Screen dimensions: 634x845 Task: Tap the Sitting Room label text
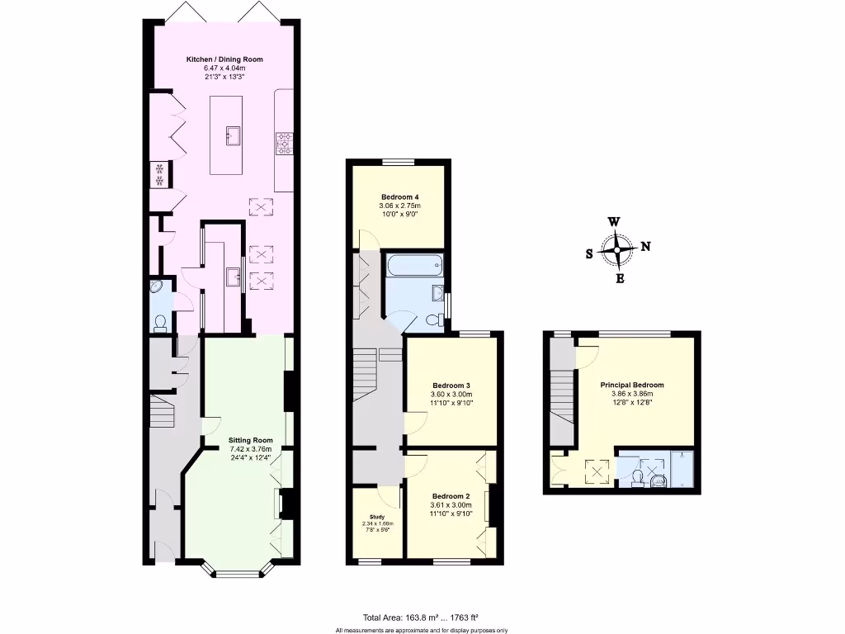point(250,440)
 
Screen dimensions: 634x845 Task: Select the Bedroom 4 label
point(399,196)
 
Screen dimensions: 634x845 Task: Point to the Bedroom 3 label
point(451,386)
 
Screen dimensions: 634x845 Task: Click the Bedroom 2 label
point(451,496)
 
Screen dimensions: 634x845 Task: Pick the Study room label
point(377,517)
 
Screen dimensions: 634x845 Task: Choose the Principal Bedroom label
point(632,385)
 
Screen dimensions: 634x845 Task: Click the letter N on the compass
point(645,246)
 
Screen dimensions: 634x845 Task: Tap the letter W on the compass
point(614,221)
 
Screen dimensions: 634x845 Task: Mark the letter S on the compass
point(589,254)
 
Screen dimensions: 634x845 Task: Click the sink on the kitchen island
point(232,135)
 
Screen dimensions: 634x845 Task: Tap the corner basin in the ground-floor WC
point(158,289)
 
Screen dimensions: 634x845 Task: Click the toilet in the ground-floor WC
point(160,322)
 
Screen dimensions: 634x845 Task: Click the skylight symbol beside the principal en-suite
point(596,471)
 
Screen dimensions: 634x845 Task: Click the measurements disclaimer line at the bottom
point(422,630)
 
